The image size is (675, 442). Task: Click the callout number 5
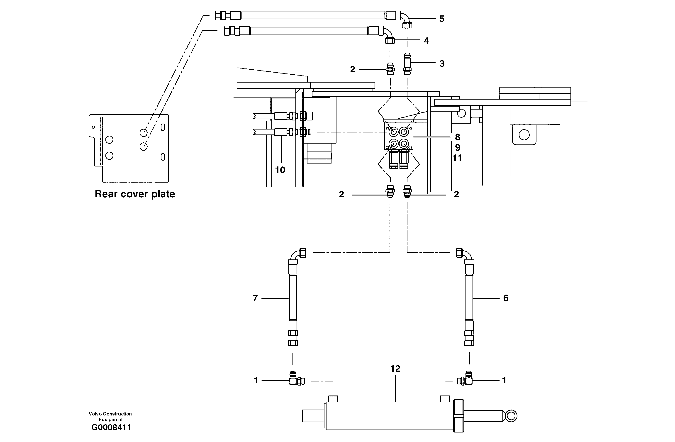coord(442,19)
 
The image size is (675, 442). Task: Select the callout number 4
coord(426,41)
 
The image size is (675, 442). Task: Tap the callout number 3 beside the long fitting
coord(442,64)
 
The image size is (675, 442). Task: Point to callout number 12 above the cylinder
coord(395,369)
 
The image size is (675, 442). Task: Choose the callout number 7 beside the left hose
coord(255,298)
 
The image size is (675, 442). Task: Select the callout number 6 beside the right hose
coord(506,298)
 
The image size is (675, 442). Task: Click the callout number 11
coord(457,158)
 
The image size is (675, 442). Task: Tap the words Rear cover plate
coord(135,194)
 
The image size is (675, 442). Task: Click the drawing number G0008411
coord(111,427)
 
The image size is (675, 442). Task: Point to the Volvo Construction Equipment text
coord(110,416)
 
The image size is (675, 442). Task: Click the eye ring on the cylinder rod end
coord(511,416)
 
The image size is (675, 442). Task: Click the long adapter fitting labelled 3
coord(407,64)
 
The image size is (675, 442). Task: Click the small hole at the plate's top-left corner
coord(93,127)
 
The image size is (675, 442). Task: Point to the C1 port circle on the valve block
coord(394,144)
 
